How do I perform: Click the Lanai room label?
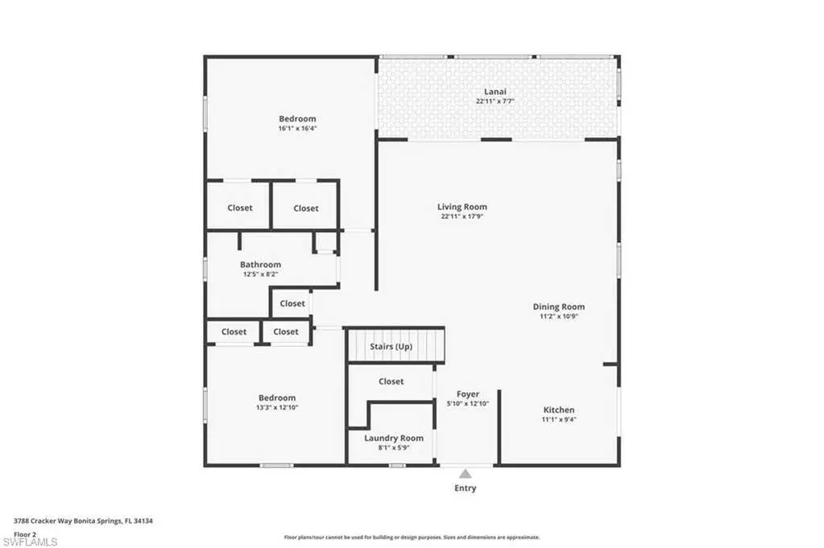coord(495,92)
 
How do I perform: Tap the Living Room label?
coord(462,207)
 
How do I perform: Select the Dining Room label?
coord(559,307)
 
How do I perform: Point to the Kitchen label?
coord(559,410)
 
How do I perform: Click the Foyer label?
coord(468,394)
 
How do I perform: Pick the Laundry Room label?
coord(394,439)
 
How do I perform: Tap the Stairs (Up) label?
coord(391,347)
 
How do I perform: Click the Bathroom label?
coord(261,265)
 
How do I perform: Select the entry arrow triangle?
coord(466,474)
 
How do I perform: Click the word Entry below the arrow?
coord(465,488)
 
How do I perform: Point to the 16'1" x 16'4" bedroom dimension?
coord(297,128)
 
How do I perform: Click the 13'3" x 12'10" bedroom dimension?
coord(277,407)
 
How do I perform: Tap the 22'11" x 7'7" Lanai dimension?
coord(495,101)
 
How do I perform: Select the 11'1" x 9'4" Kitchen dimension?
coord(559,419)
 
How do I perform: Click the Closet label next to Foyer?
coord(391,381)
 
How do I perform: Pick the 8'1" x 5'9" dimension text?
coord(394,447)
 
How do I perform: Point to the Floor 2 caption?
coord(25,534)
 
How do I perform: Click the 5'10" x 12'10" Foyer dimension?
coord(468,404)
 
